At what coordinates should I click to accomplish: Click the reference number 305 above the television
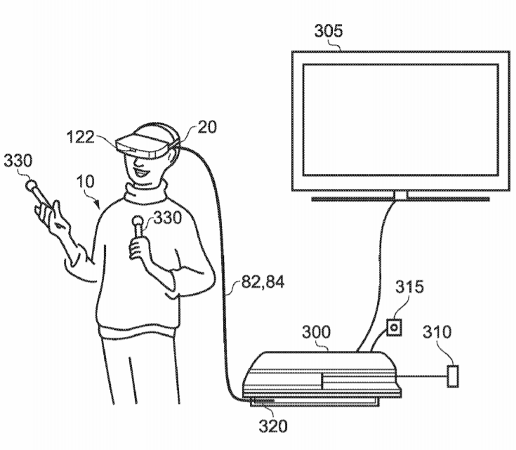[329, 31]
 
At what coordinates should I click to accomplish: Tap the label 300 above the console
[316, 332]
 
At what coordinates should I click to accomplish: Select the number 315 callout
[409, 286]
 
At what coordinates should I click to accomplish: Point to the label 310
[437, 332]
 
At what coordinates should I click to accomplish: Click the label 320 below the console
[273, 426]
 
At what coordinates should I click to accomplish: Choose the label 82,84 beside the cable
[263, 282]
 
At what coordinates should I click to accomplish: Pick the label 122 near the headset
[80, 137]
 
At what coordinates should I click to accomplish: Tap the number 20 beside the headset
[207, 127]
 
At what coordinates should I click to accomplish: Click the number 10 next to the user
[85, 181]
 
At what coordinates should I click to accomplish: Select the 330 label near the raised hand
[18, 161]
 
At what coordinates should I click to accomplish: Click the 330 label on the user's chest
[168, 218]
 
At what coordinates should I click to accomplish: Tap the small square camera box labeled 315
[394, 328]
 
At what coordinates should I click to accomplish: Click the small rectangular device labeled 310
[453, 376]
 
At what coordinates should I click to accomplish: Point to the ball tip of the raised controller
[32, 185]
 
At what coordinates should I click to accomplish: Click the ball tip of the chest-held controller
[137, 220]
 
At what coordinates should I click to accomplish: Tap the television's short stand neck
[400, 195]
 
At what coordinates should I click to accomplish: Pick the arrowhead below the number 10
[97, 205]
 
